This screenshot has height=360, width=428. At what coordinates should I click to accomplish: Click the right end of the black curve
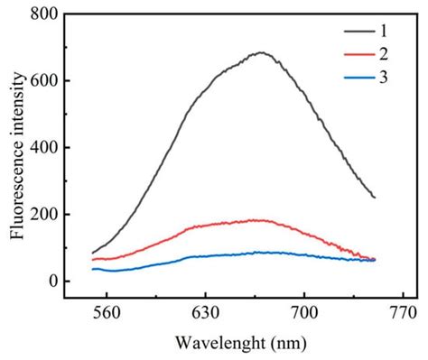[374, 198]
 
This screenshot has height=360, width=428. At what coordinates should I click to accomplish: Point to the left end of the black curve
[93, 253]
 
